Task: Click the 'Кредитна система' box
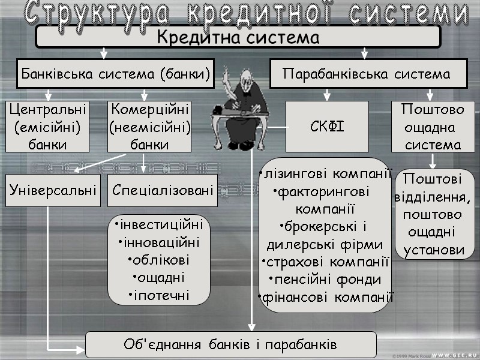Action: tap(238, 37)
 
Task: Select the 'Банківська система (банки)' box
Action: tap(115, 74)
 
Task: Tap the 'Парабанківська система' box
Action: tap(366, 74)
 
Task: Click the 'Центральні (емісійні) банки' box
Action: tap(47, 127)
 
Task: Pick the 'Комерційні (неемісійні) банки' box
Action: tap(149, 127)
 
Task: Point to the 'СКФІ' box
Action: tap(327, 127)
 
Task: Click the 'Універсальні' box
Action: tap(53, 190)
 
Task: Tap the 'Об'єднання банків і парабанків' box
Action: tap(230, 345)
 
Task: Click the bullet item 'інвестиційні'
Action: tap(159, 225)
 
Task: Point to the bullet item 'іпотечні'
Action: tap(159, 295)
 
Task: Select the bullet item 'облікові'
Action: tap(159, 260)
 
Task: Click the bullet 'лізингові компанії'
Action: tap(326, 175)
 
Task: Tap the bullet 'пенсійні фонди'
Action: tap(326, 280)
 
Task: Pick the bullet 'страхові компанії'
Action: tap(326, 262)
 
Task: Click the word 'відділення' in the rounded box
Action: tap(433, 197)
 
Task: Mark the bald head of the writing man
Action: tap(244, 77)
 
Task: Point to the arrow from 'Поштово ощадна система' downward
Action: tap(433, 161)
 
